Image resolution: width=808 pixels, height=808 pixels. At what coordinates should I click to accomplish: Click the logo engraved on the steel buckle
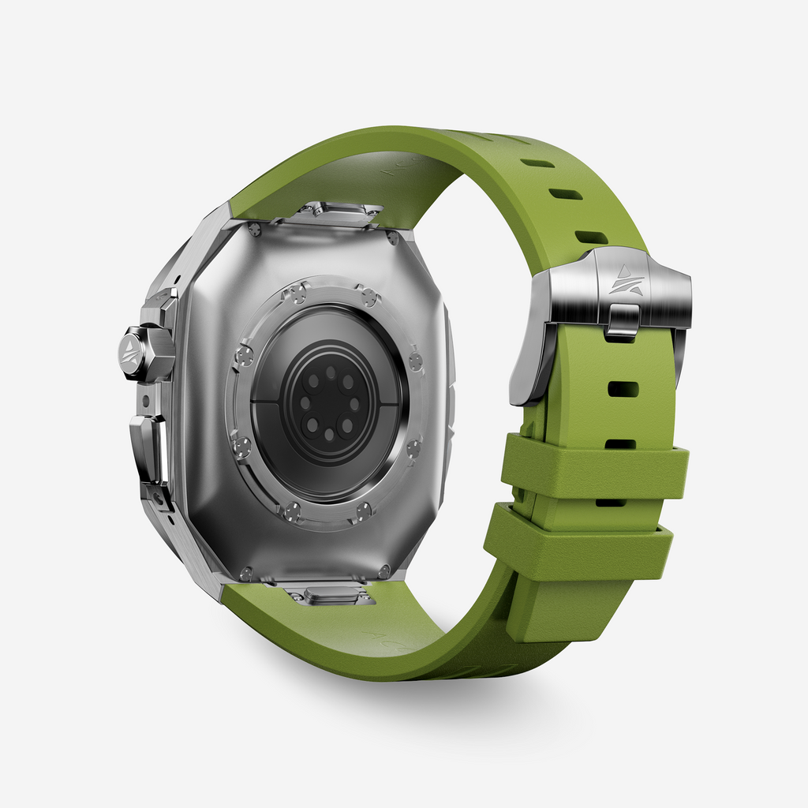(x=626, y=281)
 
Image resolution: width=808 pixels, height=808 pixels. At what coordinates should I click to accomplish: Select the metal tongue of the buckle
(x=623, y=320)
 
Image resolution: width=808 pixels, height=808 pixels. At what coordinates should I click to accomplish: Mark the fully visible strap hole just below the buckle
(x=623, y=389)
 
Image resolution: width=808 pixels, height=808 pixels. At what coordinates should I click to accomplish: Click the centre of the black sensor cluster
(x=329, y=403)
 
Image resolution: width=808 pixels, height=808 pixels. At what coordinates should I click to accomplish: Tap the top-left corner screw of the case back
(x=254, y=230)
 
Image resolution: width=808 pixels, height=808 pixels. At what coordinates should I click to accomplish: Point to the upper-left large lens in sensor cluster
(x=314, y=381)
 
